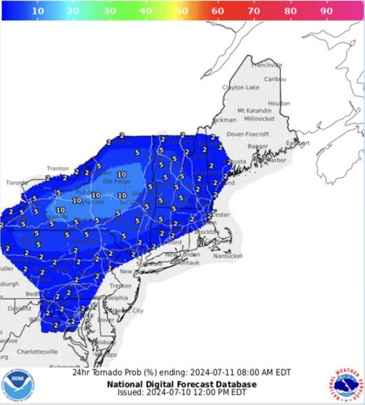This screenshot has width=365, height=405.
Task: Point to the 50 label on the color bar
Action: coord(182,13)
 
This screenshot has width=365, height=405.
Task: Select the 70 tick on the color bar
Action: coord(253,13)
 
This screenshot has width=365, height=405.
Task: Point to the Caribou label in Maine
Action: coord(276,79)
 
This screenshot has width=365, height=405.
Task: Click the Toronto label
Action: coord(17,183)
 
